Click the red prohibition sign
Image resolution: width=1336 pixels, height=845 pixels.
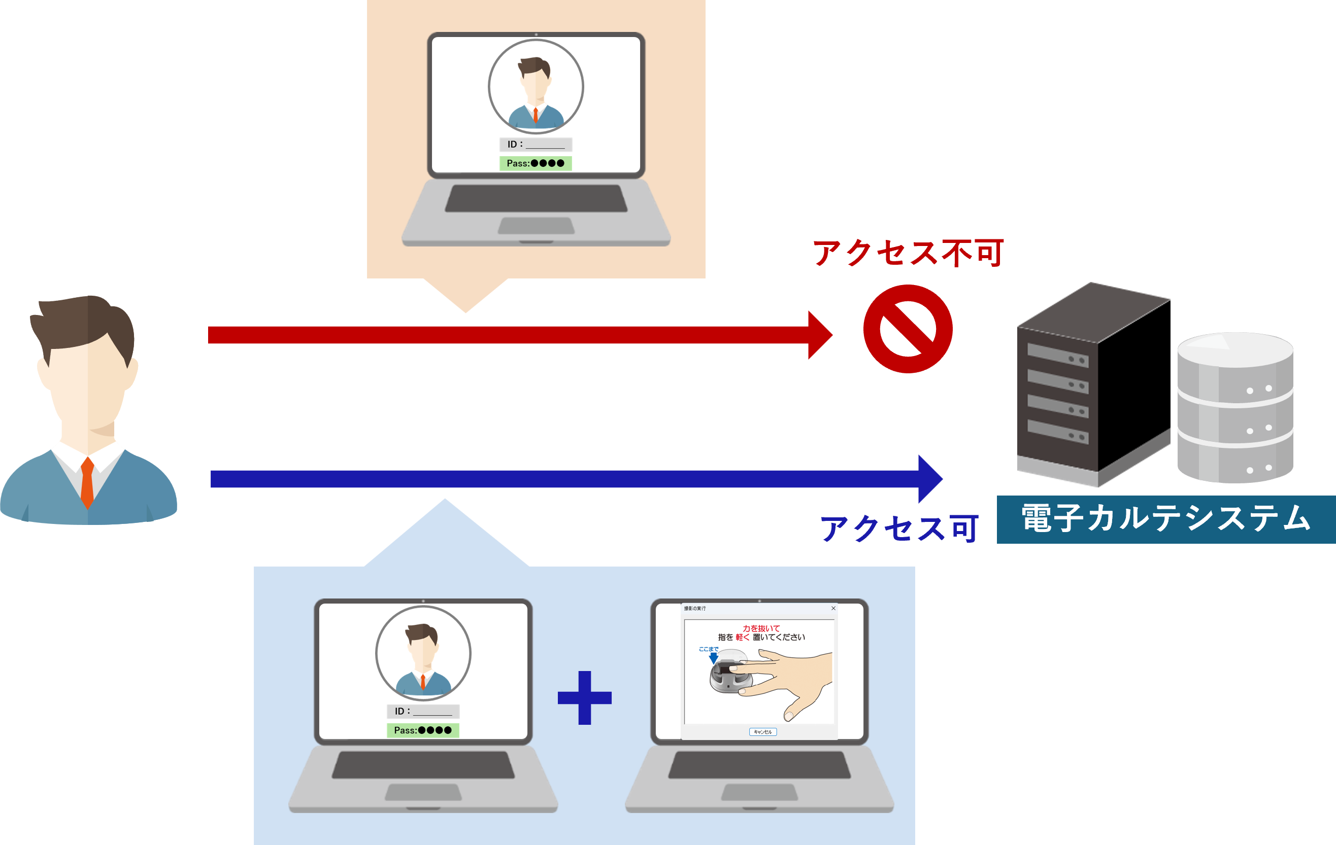click(x=908, y=329)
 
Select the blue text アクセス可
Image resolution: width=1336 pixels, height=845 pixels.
click(x=899, y=528)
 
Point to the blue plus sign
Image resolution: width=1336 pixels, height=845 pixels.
click(x=584, y=697)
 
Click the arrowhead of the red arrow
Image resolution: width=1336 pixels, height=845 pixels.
click(x=819, y=335)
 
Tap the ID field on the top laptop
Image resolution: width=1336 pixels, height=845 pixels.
click(x=536, y=145)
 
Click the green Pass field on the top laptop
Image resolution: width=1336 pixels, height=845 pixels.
click(x=536, y=163)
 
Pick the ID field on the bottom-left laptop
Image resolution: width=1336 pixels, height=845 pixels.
click(x=423, y=712)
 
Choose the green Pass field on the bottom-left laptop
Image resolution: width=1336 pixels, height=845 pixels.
click(x=423, y=730)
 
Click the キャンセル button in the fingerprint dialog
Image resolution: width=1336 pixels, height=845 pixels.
click(x=763, y=732)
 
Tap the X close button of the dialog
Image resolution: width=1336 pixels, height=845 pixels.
click(x=833, y=608)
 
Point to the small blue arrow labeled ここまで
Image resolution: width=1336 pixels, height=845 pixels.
click(x=714, y=658)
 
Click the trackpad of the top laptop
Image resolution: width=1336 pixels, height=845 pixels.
click(x=536, y=226)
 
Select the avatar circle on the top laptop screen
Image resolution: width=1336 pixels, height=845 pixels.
click(x=536, y=87)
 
